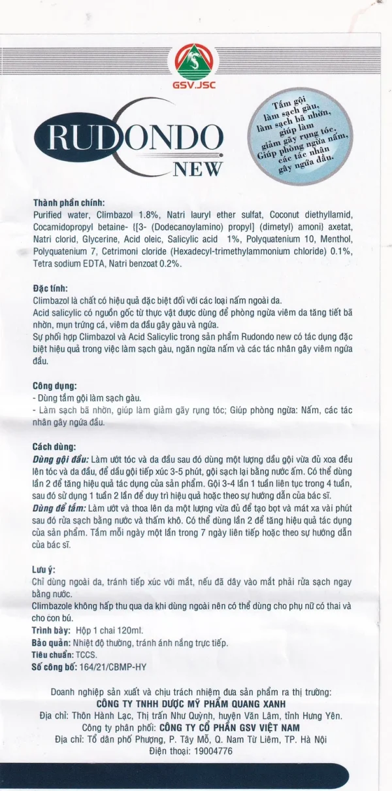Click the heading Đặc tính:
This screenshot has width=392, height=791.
50,288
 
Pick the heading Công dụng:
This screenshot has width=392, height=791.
55,386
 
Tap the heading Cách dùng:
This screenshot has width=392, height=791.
54,446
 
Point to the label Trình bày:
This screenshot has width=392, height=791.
52,630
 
